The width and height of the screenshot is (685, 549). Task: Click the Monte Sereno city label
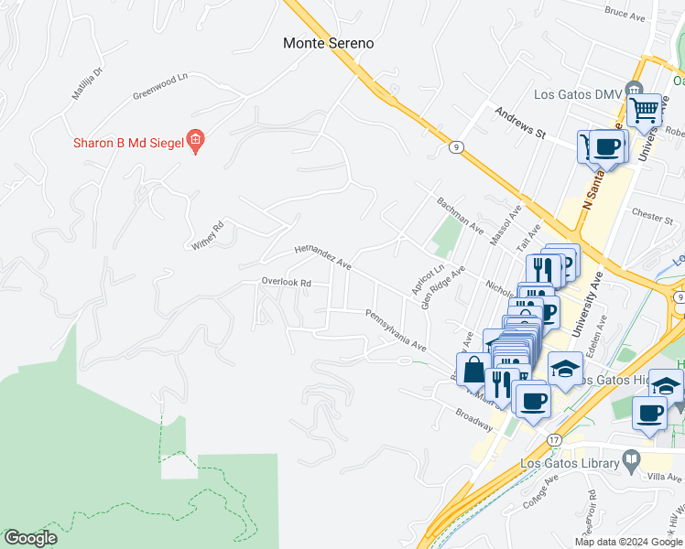328,43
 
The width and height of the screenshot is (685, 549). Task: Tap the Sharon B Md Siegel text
127,142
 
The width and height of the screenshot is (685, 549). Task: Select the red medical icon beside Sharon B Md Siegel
195,142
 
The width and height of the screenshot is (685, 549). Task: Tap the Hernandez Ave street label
322,256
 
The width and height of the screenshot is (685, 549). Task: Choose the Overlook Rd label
286,283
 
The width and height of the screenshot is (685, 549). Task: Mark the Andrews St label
519,123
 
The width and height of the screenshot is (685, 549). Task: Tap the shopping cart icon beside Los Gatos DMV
646,111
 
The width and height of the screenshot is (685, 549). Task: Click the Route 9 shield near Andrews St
455,145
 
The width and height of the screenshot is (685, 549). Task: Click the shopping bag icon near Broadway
474,371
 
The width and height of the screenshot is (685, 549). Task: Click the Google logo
31,538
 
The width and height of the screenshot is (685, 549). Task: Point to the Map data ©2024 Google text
628,542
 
